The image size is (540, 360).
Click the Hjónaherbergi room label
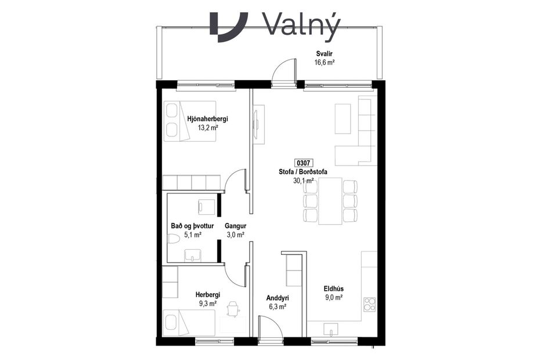[207, 119]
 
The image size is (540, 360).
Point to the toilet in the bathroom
[174, 239]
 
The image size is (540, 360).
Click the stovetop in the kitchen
[369, 304]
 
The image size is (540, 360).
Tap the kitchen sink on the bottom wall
[332, 333]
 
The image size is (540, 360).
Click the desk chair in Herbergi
[233, 308]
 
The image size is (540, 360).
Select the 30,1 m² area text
[304, 181]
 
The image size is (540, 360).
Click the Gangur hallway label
[236, 226]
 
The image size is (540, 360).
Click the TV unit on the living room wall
[257, 123]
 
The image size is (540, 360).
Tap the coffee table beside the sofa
[343, 118]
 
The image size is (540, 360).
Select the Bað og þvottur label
[193, 226]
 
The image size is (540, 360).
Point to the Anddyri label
[277, 298]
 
